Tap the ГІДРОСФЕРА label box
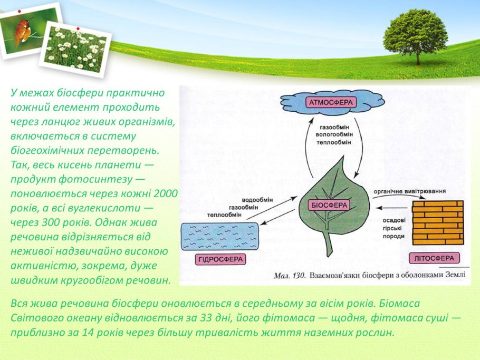point(220,259)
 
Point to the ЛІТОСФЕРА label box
point(434,258)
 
